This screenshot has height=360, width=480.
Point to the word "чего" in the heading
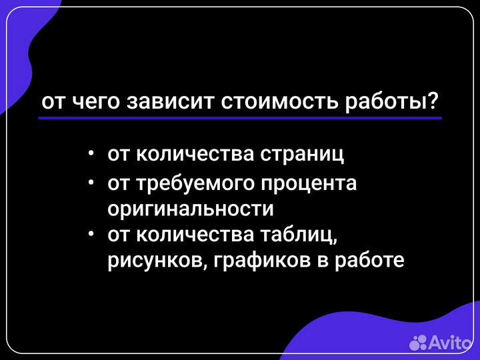pos(99,102)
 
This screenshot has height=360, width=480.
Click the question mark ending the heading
pos(433,101)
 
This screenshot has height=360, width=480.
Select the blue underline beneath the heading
pos(240,118)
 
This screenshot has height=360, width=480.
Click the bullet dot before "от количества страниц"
pos(91,154)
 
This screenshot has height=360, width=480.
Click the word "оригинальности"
pos(191,208)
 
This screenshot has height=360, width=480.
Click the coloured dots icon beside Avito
pos(418,343)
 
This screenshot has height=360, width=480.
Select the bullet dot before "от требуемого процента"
pos(91,183)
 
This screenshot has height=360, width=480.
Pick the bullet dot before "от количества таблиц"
pos(91,234)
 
